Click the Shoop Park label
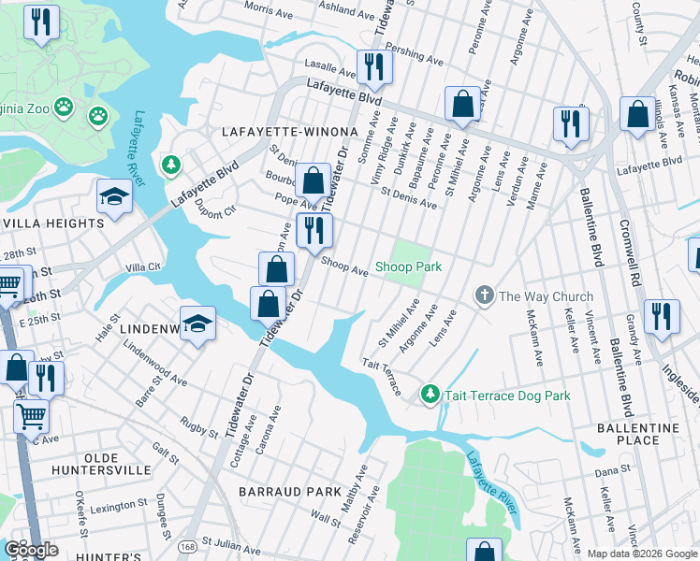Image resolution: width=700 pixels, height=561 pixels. coord(408,267)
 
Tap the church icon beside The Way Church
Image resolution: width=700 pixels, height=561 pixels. coord(484,296)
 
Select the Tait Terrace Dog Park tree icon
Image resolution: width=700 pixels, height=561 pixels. coord(430,396)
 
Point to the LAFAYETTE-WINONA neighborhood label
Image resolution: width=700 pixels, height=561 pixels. coord(289,132)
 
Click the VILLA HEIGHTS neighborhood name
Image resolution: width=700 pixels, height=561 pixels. coord(52,224)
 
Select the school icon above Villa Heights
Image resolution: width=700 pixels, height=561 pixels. coord(113,197)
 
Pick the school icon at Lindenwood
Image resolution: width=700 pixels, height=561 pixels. coord(197,324)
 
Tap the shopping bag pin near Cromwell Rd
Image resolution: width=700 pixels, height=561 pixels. coord(637,115)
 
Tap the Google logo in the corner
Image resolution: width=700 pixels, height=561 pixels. coord(31,550)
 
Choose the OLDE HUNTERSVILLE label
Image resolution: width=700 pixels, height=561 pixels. coord(101,465)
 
